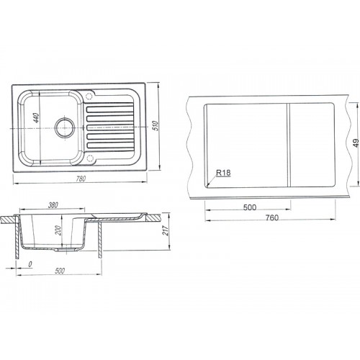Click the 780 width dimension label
coord(81,179)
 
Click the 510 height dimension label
coord(156,126)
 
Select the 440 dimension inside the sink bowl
coord(36,118)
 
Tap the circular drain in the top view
coord(65,127)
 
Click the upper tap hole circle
coord(89,96)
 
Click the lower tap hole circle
coord(90,158)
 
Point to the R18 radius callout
coord(223,173)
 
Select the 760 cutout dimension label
coord(272,217)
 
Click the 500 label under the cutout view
coord(250,207)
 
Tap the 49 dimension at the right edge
coord(356,143)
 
